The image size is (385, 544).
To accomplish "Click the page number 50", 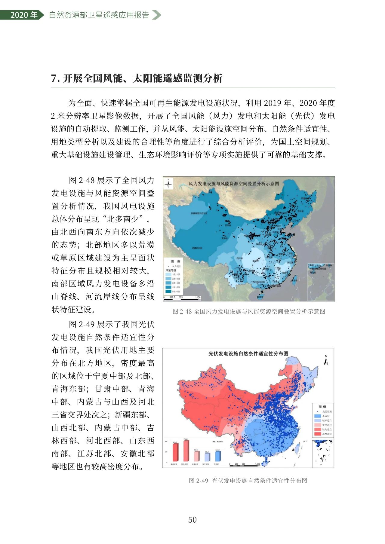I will [x=192, y=520].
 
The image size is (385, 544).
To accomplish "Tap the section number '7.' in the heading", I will [x=55, y=78].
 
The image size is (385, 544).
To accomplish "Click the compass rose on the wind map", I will [x=168, y=183].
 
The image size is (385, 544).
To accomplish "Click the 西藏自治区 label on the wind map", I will [x=197, y=248].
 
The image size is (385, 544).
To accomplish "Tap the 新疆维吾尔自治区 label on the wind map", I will [x=199, y=213].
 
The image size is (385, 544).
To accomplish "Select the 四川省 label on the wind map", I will [x=239, y=258].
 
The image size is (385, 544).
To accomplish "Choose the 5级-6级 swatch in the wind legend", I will [x=168, y=291].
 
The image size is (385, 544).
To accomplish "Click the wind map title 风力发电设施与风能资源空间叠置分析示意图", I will [x=234, y=183].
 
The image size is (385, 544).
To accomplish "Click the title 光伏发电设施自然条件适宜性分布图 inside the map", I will [x=248, y=353].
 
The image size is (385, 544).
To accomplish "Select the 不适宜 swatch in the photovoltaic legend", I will [x=317, y=416].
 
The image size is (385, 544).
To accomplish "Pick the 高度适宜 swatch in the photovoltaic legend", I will [x=317, y=434].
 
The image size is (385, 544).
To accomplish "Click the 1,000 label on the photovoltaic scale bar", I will [x=257, y=464].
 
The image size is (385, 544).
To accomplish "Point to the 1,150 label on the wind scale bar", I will [x=198, y=298].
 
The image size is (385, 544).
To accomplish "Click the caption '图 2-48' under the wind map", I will [x=182, y=312].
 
